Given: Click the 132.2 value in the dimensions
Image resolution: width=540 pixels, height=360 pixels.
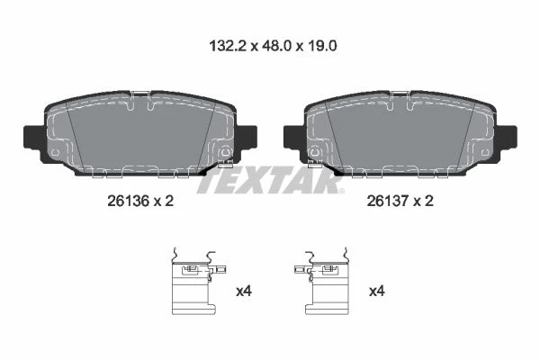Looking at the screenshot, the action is (228, 46).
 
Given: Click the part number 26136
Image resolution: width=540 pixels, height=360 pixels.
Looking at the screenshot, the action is (128, 201).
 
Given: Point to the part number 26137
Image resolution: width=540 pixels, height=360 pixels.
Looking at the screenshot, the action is (387, 201).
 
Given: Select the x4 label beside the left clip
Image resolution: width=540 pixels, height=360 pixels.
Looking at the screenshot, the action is (244, 292).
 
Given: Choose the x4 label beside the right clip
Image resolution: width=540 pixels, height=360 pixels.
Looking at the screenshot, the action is (377, 292).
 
